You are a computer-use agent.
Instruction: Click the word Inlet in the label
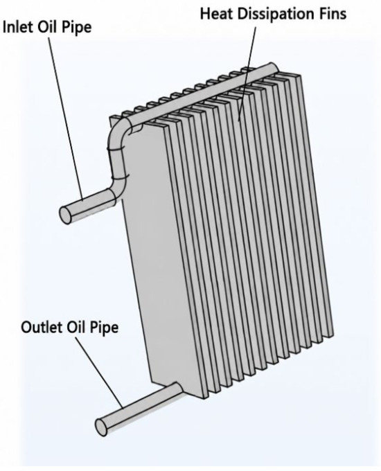point(18,27)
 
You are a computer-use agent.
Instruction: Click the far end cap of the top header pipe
point(274,68)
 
